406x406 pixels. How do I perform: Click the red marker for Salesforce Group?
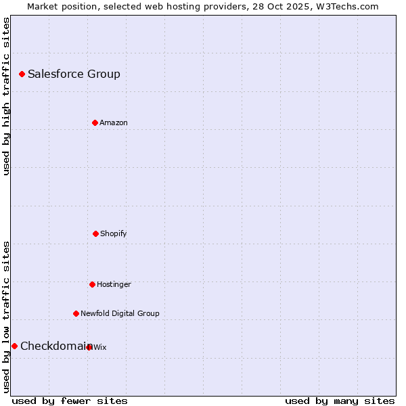point(22,74)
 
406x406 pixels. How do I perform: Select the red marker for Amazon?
point(95,122)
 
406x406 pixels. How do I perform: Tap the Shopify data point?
point(95,233)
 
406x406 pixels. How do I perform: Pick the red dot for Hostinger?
point(92,284)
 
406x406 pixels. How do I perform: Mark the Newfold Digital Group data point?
point(76,313)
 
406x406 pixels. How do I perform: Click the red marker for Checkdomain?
point(14,346)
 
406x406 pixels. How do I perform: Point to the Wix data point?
point(89,347)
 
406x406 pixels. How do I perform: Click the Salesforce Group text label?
point(74,74)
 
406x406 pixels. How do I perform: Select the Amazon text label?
point(114,123)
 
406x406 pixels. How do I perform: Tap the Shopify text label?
point(114,234)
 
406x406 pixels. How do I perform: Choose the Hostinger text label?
point(114,285)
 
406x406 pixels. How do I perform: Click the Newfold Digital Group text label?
point(120,314)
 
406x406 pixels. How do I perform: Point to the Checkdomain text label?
point(54,346)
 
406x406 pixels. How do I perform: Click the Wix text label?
point(100,348)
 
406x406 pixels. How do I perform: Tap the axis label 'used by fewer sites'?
point(70,401)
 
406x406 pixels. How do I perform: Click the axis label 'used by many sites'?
point(340,401)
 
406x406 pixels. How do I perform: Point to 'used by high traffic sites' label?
point(6,97)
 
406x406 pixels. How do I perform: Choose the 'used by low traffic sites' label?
point(6,316)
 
